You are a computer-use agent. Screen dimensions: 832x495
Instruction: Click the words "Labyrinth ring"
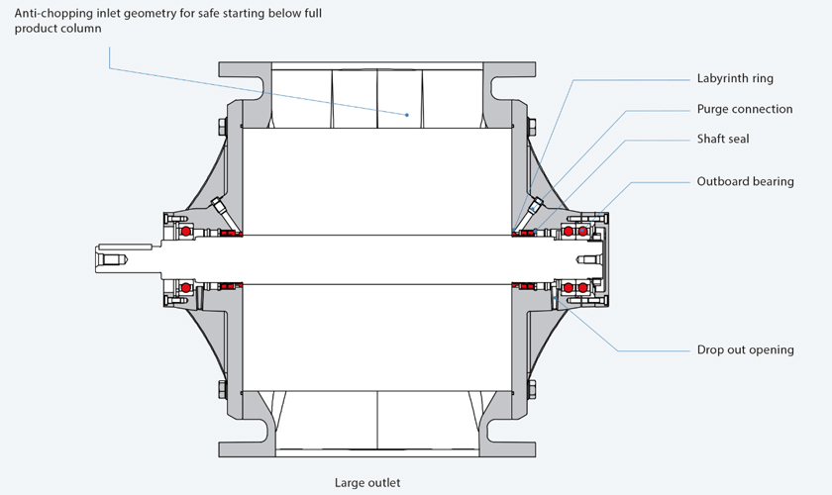tap(735, 78)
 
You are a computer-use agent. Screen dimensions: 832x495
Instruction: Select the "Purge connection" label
tap(745, 109)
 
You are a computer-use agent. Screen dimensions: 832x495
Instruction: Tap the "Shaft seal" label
tap(723, 139)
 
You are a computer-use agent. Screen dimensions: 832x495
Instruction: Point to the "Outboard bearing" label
tap(745, 181)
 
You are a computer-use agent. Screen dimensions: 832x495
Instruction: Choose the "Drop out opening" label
tap(745, 349)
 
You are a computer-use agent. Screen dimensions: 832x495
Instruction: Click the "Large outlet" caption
tap(367, 483)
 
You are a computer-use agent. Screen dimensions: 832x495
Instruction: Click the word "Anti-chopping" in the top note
tap(48, 13)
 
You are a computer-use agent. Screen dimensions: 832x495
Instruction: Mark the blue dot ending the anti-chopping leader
tap(407, 115)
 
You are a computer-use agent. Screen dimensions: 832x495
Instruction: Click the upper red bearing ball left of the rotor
tap(186, 232)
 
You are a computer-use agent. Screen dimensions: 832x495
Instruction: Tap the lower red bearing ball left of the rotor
tap(186, 287)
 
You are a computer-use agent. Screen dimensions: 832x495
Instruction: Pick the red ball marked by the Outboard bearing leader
tap(582, 231)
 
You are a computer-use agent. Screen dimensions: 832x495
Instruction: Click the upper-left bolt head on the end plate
tap(223, 128)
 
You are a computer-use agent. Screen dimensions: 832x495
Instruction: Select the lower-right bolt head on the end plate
tap(532, 390)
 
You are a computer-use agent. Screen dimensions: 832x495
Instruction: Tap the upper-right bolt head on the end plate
tap(532, 128)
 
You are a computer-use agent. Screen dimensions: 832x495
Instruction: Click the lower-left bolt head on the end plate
tap(223, 390)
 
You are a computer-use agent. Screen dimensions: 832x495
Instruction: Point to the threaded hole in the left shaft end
tap(113, 260)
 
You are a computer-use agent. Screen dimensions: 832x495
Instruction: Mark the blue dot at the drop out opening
tap(555, 298)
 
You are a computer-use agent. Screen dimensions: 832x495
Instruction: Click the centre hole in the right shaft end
tap(589, 260)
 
